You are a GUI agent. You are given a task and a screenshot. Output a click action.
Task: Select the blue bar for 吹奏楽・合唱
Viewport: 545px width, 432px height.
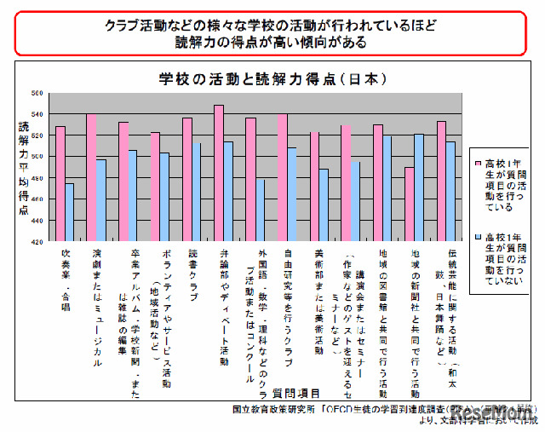(70, 212)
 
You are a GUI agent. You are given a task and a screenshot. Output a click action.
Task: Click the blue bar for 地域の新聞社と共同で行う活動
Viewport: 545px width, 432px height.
(419, 187)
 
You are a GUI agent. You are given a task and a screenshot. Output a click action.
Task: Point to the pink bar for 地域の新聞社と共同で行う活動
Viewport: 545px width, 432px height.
(410, 204)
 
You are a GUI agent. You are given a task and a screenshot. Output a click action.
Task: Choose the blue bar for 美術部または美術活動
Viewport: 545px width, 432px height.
(323, 204)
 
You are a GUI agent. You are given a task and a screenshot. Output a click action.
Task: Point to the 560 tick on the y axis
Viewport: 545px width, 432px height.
(37, 93)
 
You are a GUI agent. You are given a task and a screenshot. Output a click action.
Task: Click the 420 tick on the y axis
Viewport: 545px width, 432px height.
(37, 242)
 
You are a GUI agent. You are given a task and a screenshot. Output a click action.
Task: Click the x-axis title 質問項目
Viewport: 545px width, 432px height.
(297, 393)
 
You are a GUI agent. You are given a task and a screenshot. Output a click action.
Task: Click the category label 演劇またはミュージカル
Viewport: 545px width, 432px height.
(97, 307)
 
